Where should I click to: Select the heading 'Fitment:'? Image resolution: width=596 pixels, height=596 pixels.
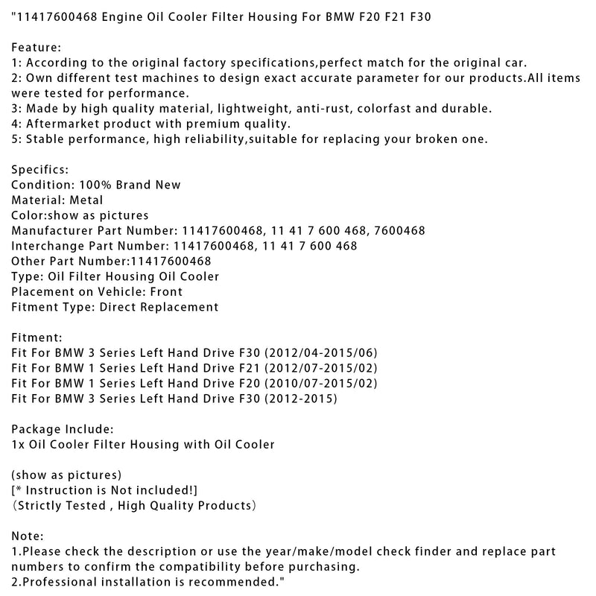pos(38,337)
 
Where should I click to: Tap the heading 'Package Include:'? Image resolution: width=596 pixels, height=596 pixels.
pos(63,429)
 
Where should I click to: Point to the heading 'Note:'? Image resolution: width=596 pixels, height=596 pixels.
pos(28,536)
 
